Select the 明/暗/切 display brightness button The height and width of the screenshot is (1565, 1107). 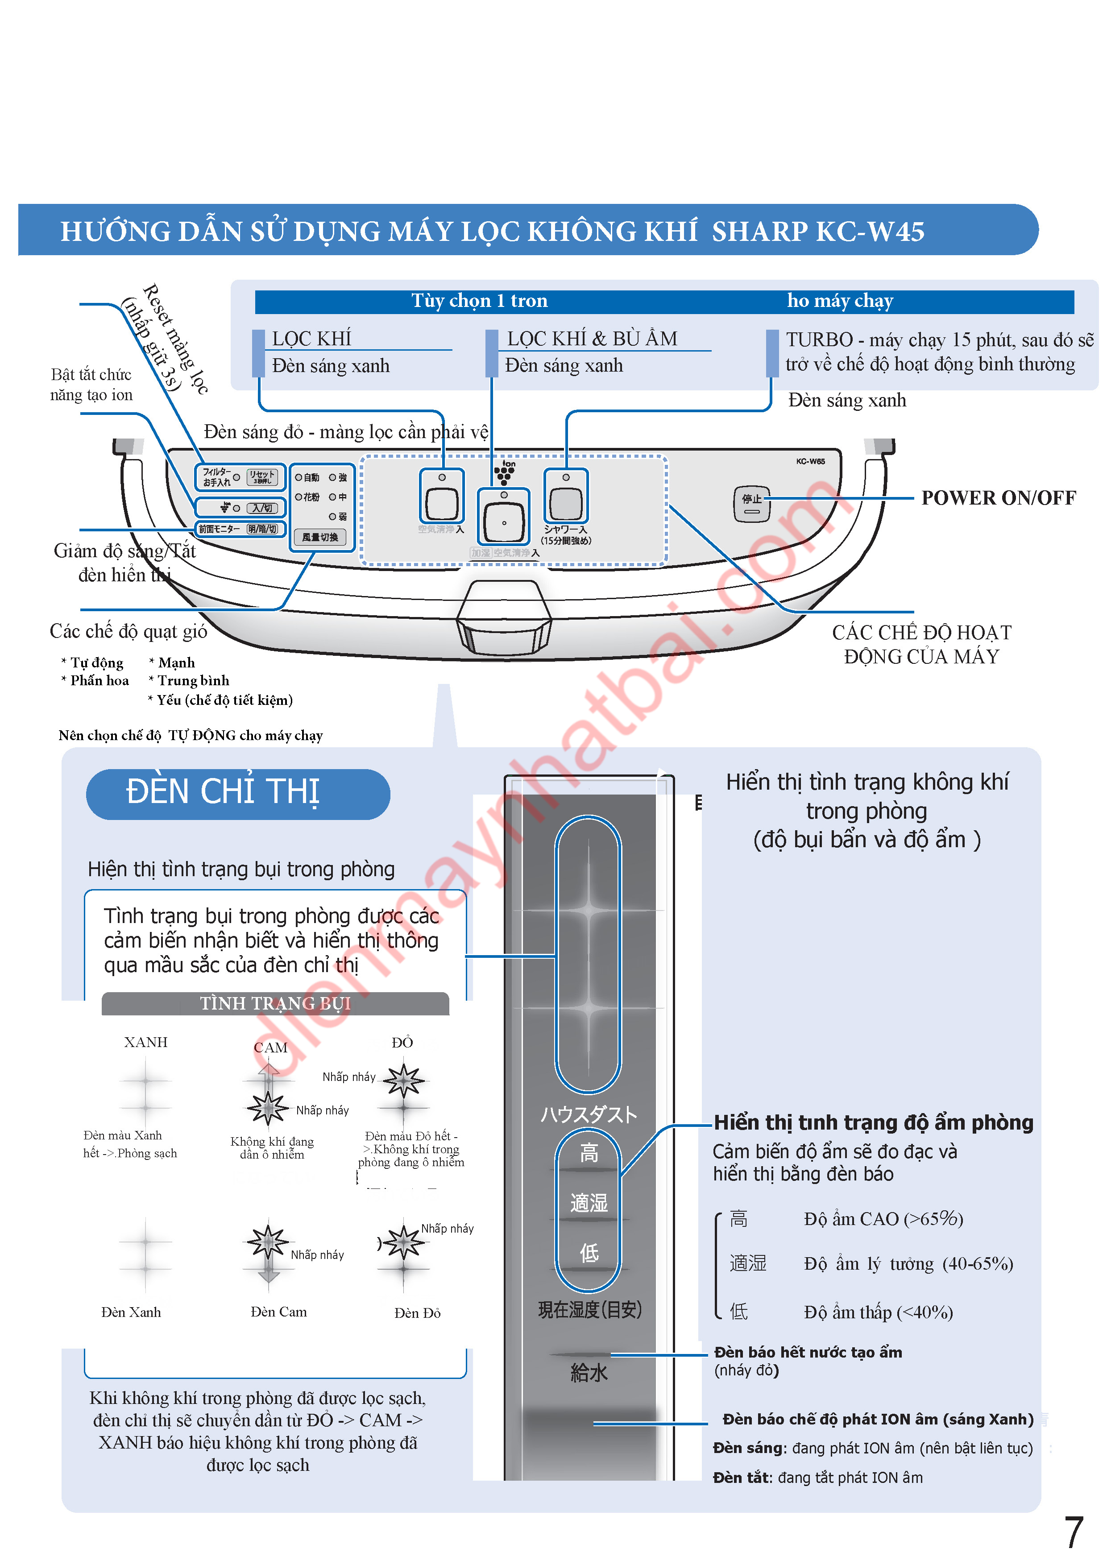pyautogui.click(x=262, y=529)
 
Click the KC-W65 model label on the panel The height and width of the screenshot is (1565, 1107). pyautogui.click(x=810, y=461)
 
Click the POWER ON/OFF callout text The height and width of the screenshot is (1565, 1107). pyautogui.click(x=998, y=498)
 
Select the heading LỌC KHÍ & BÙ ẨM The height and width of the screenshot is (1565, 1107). pyautogui.click(x=592, y=339)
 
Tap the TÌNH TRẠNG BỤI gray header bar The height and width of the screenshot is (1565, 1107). pyautogui.click(x=275, y=1003)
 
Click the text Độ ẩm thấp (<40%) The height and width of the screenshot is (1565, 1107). pyautogui.click(x=878, y=1312)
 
